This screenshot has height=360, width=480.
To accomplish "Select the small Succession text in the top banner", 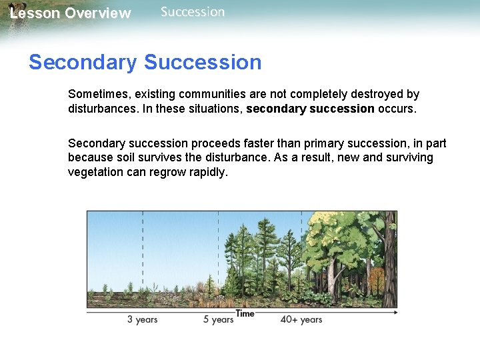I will [193, 12].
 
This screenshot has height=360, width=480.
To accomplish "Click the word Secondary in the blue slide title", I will [83, 63].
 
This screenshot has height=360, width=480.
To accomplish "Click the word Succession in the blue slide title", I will [203, 63].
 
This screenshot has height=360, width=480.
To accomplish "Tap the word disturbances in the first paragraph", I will [100, 109].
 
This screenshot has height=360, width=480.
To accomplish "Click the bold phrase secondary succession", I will [310, 109].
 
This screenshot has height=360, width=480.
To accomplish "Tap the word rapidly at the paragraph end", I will [208, 172].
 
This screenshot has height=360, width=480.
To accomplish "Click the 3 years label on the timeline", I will [142, 319].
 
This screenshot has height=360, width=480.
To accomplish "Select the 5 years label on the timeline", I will [218, 319].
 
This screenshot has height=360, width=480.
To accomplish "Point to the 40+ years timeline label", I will [301, 319].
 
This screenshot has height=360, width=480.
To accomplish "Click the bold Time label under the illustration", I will [245, 313].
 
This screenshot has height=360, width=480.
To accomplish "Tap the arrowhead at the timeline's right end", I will [395, 311].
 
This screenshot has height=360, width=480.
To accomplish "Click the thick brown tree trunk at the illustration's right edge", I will [389, 267].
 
